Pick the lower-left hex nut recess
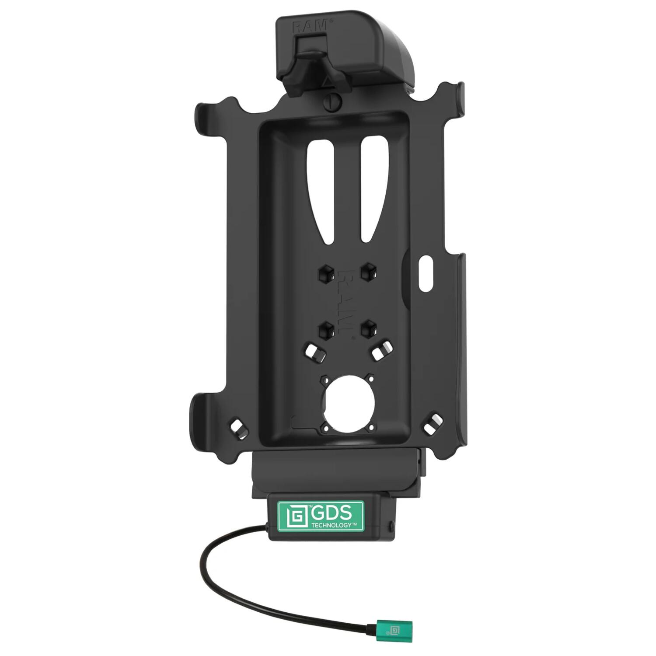pos(326,328)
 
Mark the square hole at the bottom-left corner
pos(237,427)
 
